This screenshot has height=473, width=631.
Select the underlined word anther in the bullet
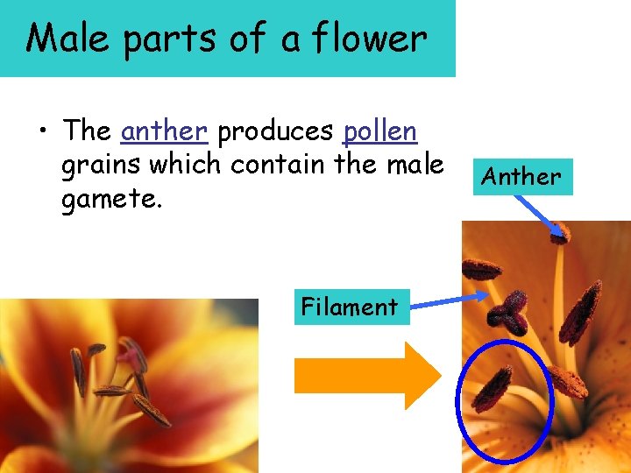[164, 131]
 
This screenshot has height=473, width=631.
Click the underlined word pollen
[380, 131]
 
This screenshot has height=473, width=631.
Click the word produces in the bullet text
[275, 131]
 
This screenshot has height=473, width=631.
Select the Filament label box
[351, 307]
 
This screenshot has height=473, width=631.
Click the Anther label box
[521, 177]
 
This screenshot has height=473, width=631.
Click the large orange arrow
[366, 376]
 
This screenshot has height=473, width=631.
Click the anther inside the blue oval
[492, 390]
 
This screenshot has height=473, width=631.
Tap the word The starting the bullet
[87, 131]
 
